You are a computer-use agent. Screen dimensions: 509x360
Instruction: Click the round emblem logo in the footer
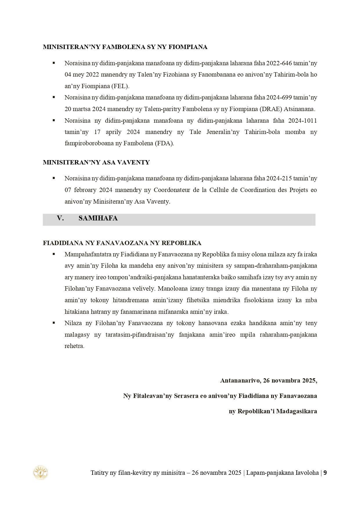pos(41,472)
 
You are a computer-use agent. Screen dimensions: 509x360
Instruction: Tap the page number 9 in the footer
pos(325,473)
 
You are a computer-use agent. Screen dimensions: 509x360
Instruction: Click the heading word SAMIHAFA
pos(98,218)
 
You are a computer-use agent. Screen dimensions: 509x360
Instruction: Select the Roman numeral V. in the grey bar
pos(60,218)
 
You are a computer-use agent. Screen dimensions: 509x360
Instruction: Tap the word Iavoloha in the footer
pos(307,473)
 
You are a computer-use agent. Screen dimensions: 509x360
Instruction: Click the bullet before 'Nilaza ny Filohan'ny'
pos(54,323)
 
